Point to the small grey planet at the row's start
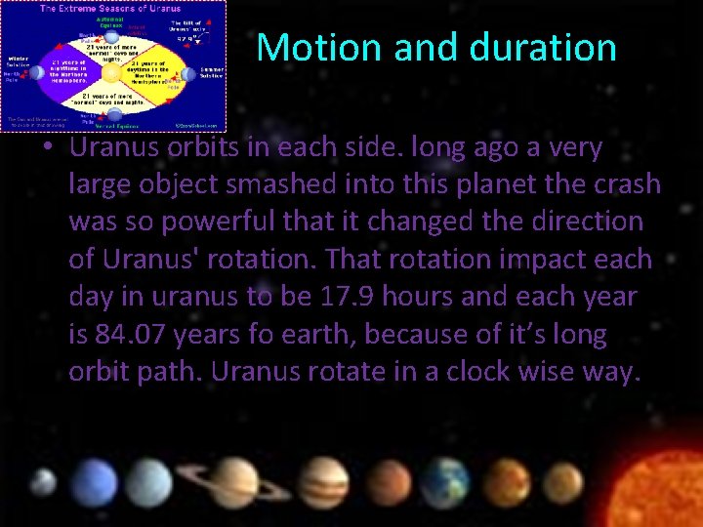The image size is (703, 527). point(42,482)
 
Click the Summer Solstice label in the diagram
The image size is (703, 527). point(211,72)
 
